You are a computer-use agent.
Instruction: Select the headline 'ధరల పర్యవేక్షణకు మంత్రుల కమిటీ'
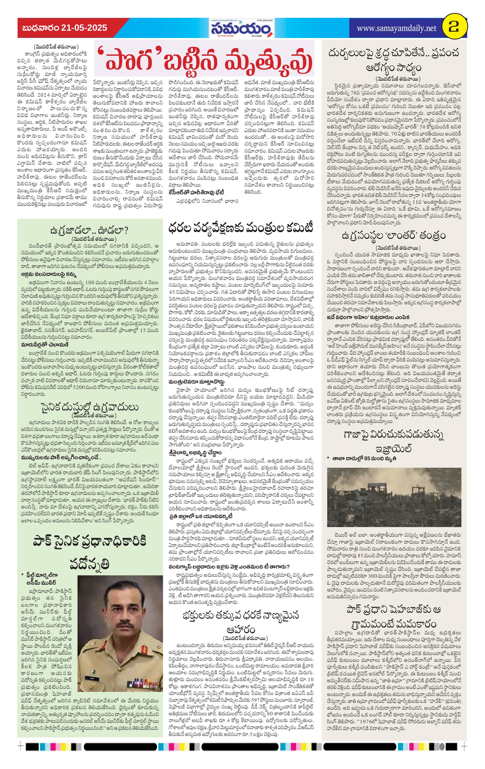241,228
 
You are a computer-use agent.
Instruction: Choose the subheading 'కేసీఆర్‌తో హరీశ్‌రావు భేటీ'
196,192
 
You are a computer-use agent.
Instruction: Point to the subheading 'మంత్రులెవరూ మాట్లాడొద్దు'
196,382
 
